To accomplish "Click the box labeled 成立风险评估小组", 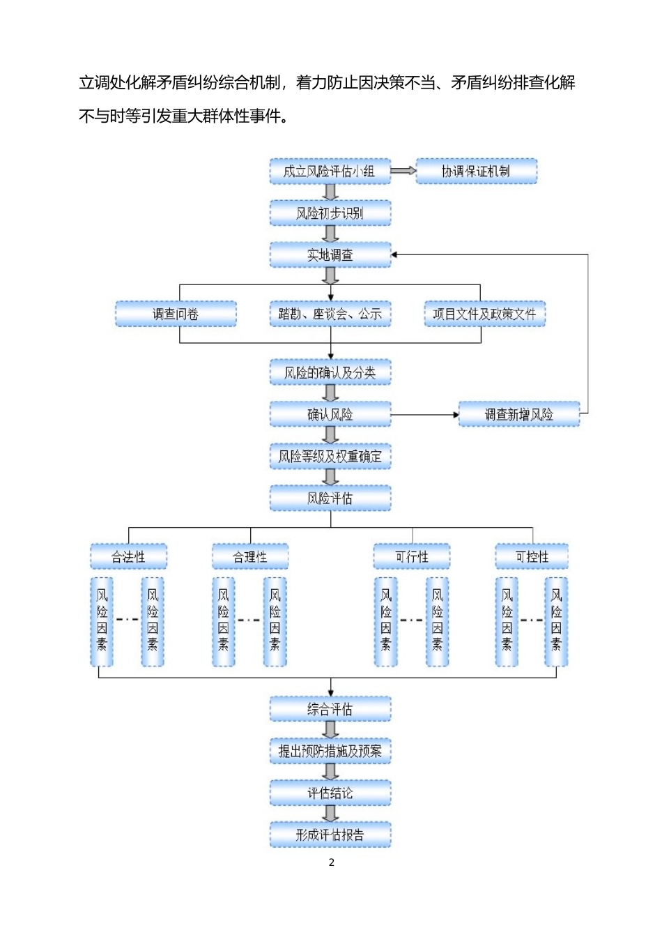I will [x=330, y=172].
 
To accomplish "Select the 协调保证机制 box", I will [x=476, y=172].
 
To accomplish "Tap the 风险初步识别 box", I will [x=330, y=213].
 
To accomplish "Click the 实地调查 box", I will [x=330, y=255].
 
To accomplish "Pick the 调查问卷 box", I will [x=176, y=314].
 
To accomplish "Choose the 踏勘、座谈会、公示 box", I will [x=330, y=314].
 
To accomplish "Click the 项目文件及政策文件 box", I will [x=484, y=314].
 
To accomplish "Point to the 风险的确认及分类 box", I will [x=330, y=373].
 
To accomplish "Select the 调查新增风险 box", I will [x=518, y=414].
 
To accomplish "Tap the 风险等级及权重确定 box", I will [x=330, y=457].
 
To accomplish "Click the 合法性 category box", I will [x=128, y=557].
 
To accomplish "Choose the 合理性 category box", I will [x=249, y=557].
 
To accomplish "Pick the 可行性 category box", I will [x=411, y=557].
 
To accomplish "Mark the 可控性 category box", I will [x=532, y=557].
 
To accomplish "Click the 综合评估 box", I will [x=330, y=709].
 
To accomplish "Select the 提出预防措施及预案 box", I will [x=330, y=751].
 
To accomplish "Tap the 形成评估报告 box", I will [x=330, y=835].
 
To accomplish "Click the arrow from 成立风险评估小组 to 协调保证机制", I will [x=403, y=171].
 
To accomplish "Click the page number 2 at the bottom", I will [x=331, y=862].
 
